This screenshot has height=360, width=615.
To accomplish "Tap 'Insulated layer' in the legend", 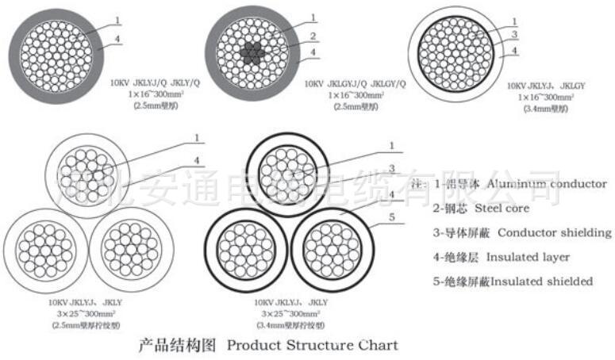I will click(x=528, y=257).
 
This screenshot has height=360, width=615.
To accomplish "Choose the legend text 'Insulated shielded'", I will click(x=542, y=281).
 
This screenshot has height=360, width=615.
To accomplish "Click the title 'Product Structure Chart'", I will click(x=312, y=346).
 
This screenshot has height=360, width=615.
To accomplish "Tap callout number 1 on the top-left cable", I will click(x=118, y=19).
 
